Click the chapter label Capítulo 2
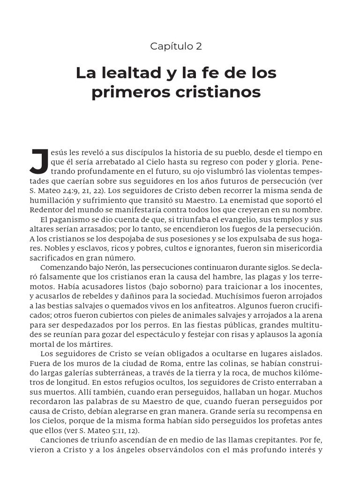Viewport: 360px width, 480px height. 176,46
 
